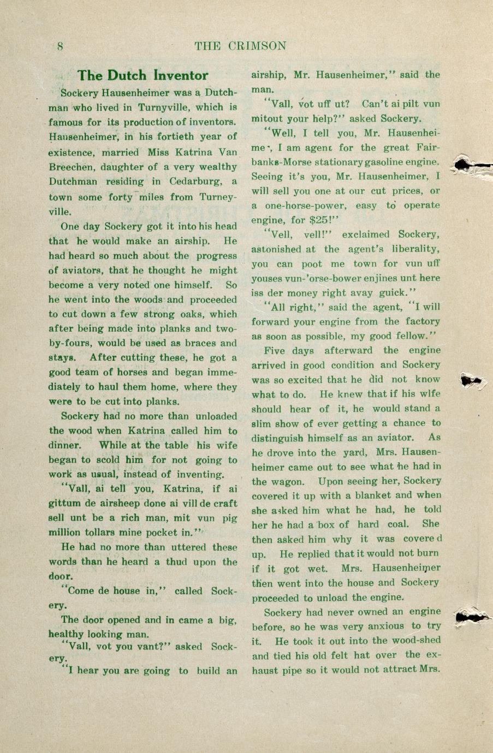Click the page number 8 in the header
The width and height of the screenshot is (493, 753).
click(x=61, y=46)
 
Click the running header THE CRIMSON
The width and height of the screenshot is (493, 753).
click(x=240, y=46)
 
